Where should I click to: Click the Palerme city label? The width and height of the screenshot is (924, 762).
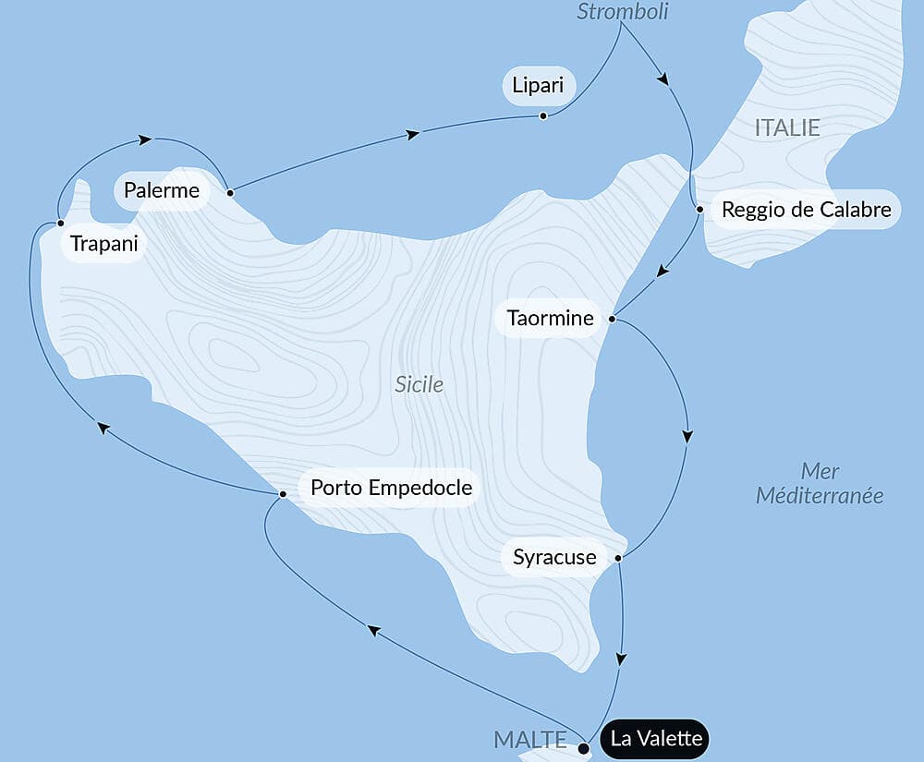click(162, 191)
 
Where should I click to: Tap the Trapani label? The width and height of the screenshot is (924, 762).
click(103, 245)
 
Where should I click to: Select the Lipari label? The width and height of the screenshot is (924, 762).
click(539, 88)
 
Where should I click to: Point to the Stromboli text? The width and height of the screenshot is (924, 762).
click(622, 11)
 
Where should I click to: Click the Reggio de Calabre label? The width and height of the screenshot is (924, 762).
click(806, 210)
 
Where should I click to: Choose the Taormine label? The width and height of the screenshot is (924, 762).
click(550, 319)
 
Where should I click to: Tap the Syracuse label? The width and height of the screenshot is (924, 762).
click(554, 558)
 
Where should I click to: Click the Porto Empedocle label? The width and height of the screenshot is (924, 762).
click(391, 488)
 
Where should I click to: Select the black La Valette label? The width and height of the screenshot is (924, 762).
click(656, 739)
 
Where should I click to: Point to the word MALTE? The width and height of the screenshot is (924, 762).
click(530, 739)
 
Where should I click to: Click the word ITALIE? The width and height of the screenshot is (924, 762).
click(787, 127)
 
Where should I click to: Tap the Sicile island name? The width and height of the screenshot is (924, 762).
click(419, 384)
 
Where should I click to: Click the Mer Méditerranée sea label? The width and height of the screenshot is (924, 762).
click(820, 483)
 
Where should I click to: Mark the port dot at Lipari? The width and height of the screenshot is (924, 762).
click(543, 115)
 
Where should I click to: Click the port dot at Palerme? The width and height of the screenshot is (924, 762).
click(230, 193)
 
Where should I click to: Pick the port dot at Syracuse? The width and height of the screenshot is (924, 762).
click(618, 558)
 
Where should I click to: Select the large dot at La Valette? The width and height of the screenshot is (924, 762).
click(583, 749)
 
